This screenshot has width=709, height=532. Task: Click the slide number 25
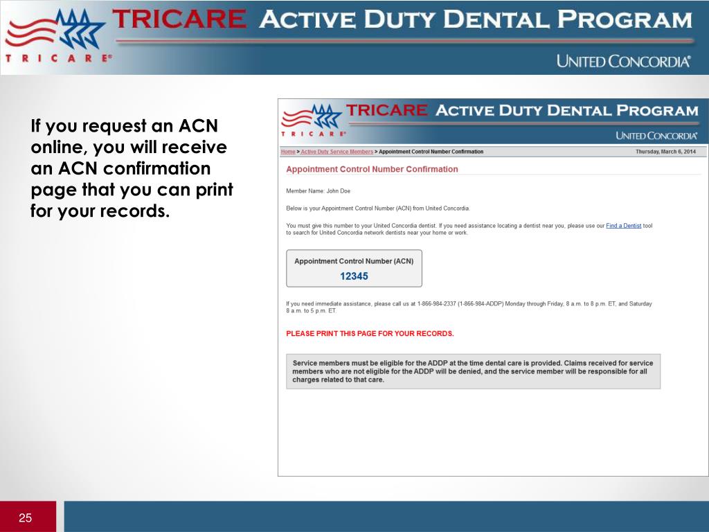click(26, 518)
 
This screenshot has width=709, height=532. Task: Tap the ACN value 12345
click(354, 276)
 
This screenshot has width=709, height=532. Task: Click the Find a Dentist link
click(623, 226)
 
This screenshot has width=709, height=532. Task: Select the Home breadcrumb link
click(287, 152)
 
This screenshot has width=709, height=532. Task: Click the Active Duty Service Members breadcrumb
click(336, 152)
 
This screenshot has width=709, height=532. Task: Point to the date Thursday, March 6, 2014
click(665, 152)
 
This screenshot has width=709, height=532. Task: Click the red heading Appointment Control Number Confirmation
click(372, 169)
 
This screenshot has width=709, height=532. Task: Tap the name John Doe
click(339, 191)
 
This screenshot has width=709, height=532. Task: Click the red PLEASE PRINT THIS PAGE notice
click(370, 333)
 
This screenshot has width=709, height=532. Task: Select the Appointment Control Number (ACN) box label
click(354, 261)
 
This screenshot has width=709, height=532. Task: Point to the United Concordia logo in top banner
click(623, 61)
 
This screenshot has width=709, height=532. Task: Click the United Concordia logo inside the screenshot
click(656, 136)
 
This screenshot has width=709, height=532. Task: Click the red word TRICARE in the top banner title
click(179, 19)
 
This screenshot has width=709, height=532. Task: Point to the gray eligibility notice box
click(473, 371)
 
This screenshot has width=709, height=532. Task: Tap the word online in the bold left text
click(57, 148)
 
